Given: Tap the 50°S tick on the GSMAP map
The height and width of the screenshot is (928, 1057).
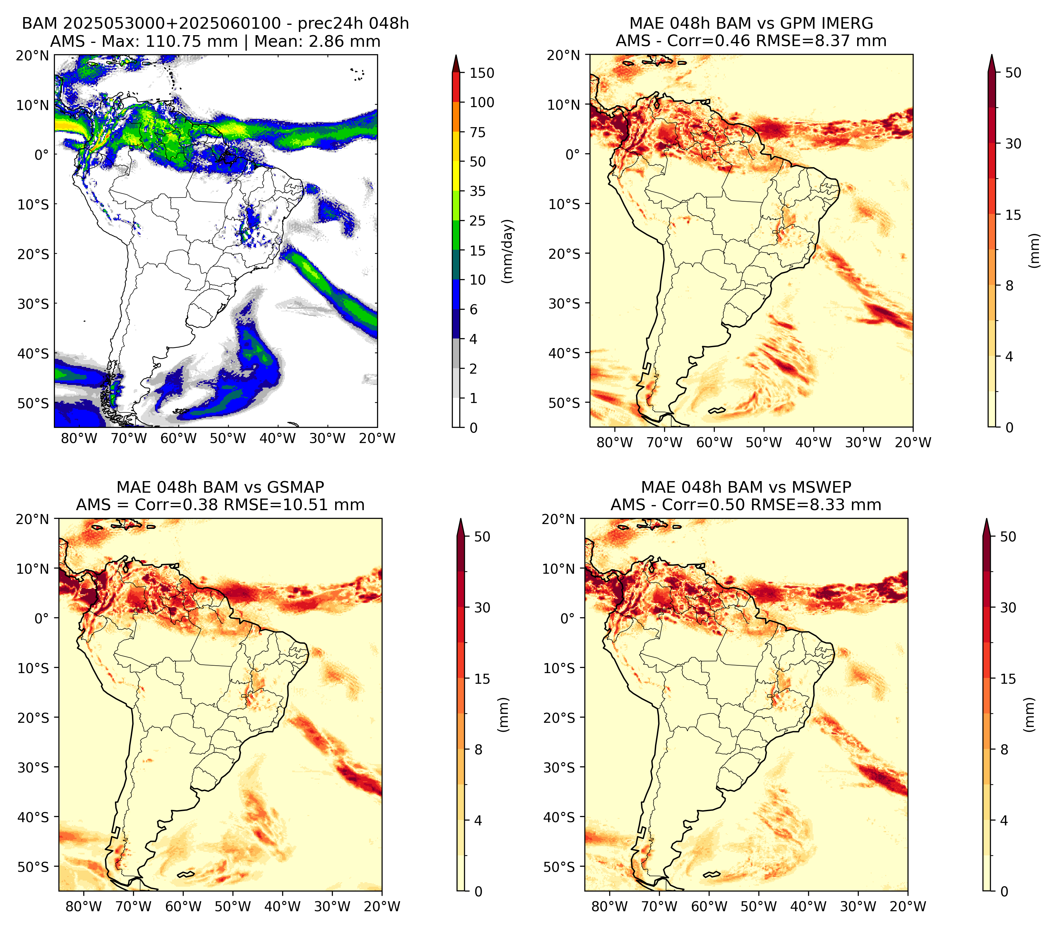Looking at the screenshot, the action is tap(33, 866).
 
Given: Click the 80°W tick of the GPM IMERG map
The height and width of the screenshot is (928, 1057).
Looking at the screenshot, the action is tap(614, 442).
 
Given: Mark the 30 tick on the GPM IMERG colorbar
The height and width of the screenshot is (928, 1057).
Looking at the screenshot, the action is tap(1013, 144).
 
